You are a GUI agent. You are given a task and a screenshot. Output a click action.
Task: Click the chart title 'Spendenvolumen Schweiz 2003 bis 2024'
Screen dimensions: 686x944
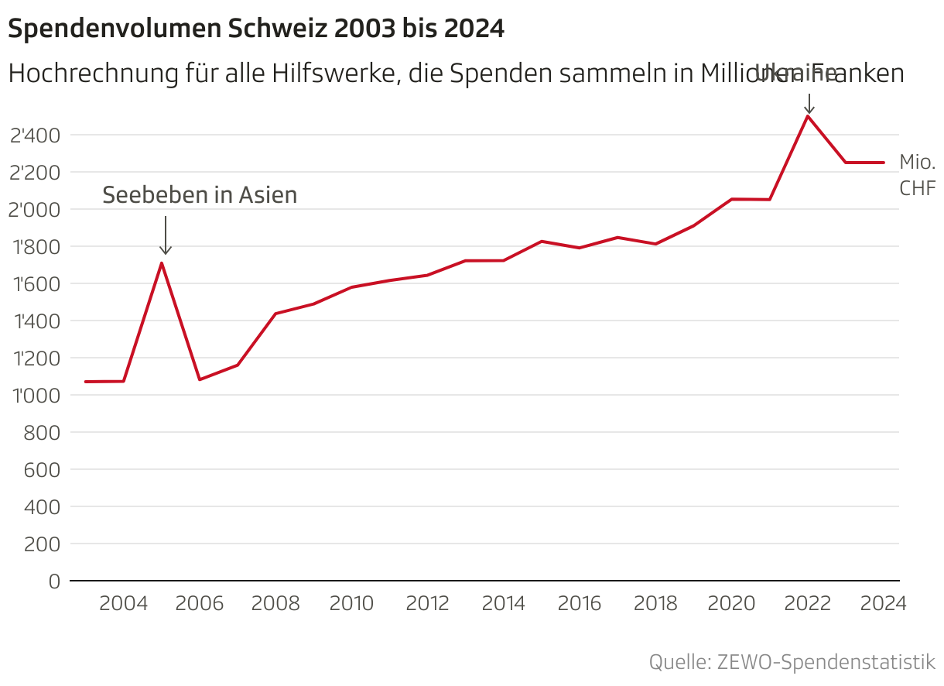click(x=255, y=29)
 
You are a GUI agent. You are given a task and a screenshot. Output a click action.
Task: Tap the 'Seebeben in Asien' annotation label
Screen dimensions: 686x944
click(x=200, y=195)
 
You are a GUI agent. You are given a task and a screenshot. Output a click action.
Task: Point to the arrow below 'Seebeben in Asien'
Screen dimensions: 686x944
click(x=166, y=235)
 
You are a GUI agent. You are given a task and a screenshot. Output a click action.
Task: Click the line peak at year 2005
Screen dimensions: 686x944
click(x=161, y=263)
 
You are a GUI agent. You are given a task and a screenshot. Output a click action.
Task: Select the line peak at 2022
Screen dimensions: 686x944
click(x=808, y=116)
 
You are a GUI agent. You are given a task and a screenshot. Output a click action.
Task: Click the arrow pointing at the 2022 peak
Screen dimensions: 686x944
click(x=809, y=104)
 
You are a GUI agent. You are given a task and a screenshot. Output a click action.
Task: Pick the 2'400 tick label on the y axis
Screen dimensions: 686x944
click(x=35, y=135)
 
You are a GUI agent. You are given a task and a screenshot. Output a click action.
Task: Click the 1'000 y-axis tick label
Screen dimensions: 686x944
click(x=35, y=396)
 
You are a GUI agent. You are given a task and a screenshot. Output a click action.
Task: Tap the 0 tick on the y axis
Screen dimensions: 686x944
click(x=53, y=581)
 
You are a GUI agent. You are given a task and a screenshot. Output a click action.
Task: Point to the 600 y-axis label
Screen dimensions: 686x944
click(x=43, y=470)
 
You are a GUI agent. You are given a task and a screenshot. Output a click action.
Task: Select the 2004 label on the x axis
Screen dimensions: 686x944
click(x=124, y=604)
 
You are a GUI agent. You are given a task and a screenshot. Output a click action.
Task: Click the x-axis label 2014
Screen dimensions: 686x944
click(x=504, y=604)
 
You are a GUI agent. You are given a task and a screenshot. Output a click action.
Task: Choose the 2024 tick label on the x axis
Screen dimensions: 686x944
click(x=883, y=604)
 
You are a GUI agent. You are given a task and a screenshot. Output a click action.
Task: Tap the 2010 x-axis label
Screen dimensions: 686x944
click(x=352, y=604)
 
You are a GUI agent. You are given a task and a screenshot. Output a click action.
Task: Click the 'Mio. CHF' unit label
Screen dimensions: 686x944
click(x=917, y=175)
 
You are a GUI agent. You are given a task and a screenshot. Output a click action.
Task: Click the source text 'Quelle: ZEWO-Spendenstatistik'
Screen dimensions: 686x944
click(x=792, y=663)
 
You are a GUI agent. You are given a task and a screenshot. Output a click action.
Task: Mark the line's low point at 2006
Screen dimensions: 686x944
click(x=200, y=379)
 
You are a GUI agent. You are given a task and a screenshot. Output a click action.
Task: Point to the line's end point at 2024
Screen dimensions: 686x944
click(x=883, y=163)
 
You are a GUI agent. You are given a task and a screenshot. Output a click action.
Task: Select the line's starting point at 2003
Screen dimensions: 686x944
click(x=86, y=382)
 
